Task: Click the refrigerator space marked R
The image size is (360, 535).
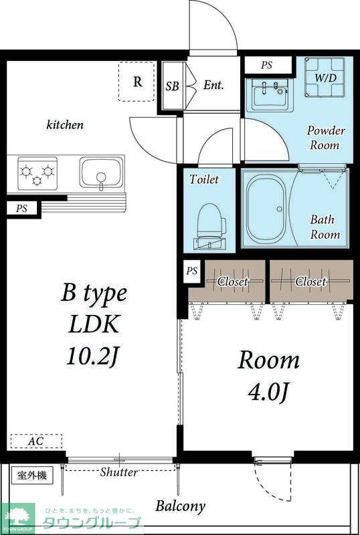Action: pyautogui.click(x=137, y=82)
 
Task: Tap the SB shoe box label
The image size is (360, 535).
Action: pyautogui.click(x=173, y=86)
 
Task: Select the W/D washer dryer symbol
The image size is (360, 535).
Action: pyautogui.click(x=325, y=78)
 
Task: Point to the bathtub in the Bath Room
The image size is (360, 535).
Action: pyautogui.click(x=266, y=209)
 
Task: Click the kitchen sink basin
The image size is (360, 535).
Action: pyautogui.click(x=101, y=173)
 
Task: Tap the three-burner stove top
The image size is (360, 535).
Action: pyautogui.click(x=37, y=173)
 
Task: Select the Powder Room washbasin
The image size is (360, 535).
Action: pyautogui.click(x=272, y=94)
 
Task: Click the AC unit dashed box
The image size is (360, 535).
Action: pyautogui.click(x=36, y=441)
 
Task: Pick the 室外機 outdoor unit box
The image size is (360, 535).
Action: pyautogui.click(x=31, y=475)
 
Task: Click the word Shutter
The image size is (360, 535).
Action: pyautogui.click(x=119, y=473)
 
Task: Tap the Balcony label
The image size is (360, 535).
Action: pyautogui.click(x=181, y=506)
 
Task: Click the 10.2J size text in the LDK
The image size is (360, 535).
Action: pyautogui.click(x=93, y=356)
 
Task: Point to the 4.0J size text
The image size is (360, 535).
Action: pyautogui.click(x=268, y=392)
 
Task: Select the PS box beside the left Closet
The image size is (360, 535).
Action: pyautogui.click(x=192, y=272)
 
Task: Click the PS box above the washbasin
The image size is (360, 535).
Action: pyautogui.click(x=267, y=65)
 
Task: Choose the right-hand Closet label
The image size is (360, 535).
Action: pyautogui.click(x=310, y=282)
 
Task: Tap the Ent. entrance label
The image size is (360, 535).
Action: pyautogui.click(x=213, y=85)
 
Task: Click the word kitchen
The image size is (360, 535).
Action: pyautogui.click(x=65, y=124)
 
